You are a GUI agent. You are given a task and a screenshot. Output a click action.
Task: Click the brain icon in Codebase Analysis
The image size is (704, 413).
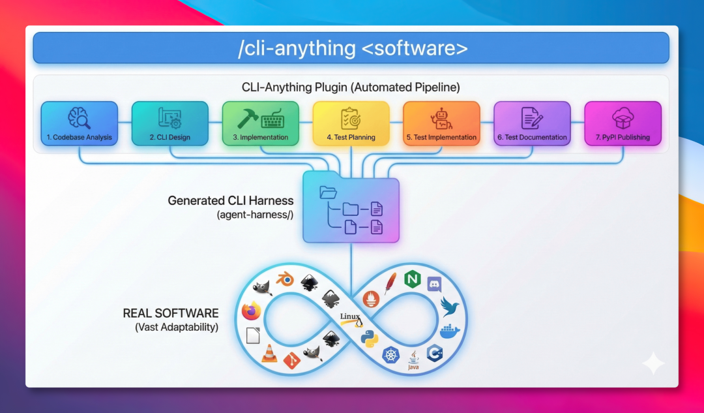tap(78, 117)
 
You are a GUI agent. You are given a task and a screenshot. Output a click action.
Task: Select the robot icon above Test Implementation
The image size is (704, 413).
tap(441, 118)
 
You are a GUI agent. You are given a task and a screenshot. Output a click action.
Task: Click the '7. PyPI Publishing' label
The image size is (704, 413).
tap(623, 138)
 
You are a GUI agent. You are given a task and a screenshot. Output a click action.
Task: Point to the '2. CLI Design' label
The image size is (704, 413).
tap(169, 138)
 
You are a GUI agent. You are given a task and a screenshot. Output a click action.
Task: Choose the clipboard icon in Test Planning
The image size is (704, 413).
tap(351, 118)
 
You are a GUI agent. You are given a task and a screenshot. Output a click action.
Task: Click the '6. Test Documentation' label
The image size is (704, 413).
tap(532, 138)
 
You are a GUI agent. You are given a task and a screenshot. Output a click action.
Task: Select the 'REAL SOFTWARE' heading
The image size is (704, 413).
tap(171, 313)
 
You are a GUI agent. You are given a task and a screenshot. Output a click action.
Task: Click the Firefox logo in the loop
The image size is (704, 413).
tap(250, 311)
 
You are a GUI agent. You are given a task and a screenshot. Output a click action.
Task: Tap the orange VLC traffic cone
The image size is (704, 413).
tap(269, 354)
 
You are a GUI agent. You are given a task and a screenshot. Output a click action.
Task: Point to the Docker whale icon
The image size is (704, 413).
tap(449, 331)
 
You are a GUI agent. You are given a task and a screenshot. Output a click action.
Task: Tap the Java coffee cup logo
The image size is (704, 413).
tap(413, 359)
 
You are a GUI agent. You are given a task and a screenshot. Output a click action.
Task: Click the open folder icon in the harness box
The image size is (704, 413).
tap(328, 192)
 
